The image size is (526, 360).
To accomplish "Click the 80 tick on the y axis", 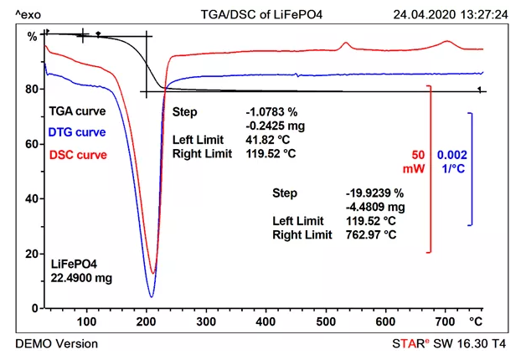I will (x=33, y=89).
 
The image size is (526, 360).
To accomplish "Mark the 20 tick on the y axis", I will (x=33, y=254).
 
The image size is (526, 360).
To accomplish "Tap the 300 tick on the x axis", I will (x=206, y=321).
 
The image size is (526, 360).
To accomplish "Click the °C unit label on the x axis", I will (x=477, y=321).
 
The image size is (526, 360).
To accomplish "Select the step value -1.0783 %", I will (x=272, y=111).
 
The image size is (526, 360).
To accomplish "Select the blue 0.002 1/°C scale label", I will (x=452, y=161).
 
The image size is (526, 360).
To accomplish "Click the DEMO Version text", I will (x=56, y=344).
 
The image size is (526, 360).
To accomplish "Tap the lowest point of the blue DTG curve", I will (x=152, y=297).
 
